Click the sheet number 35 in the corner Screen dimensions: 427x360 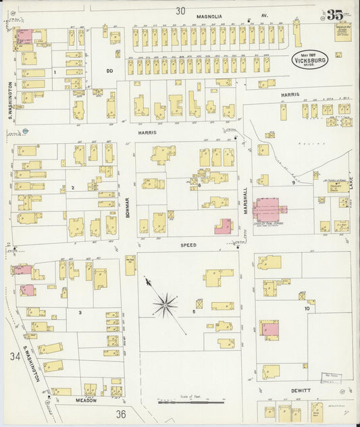(334, 15)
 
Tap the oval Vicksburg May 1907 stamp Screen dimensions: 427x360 (311, 59)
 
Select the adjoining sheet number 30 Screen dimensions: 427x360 (180, 11)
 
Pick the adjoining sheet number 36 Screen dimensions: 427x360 (121, 413)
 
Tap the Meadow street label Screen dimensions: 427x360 (86, 400)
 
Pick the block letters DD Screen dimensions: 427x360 (110, 70)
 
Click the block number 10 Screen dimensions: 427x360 (307, 308)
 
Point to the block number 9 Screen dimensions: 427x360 (293, 182)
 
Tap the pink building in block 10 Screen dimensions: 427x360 (272, 329)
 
